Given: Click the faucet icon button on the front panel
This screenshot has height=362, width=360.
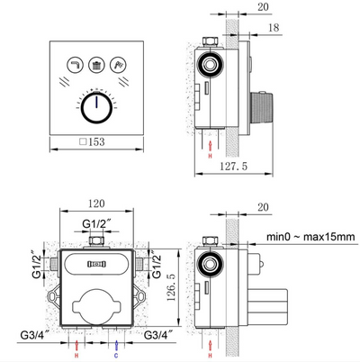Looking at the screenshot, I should coord(70,64).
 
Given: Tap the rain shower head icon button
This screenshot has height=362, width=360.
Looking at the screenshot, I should coord(94,64).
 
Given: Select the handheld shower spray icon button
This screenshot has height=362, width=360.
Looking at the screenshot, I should coord(119,64).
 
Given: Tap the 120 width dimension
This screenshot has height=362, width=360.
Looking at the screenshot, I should coord(94,205).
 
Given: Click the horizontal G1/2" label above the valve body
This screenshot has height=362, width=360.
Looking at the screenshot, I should coord(94,224).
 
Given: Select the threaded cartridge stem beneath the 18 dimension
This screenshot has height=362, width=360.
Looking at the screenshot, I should coord(267,105).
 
